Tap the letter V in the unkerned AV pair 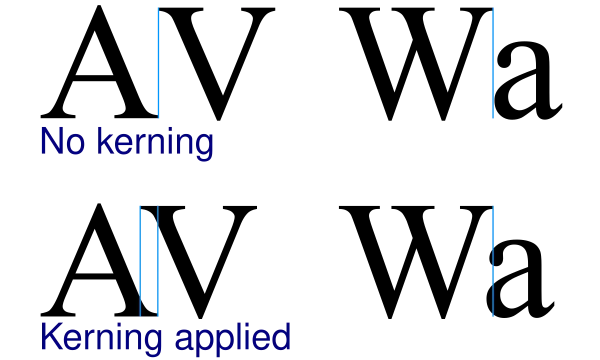point(217,64)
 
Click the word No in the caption point(62,141)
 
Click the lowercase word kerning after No point(155,144)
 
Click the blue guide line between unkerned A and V point(158,63)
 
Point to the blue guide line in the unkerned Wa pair point(493,63)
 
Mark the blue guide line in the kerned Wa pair point(493,261)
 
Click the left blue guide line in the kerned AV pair point(140,261)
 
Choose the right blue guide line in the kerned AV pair point(158,261)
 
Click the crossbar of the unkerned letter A point(95,78)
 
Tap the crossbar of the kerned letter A point(95,276)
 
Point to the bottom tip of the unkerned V point(218,120)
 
